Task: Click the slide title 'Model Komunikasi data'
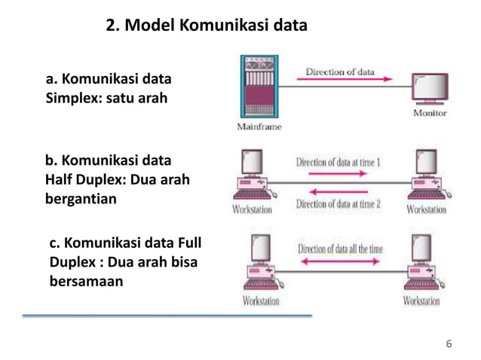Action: [206, 26]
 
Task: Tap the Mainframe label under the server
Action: [259, 127]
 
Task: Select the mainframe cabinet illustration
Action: [259, 87]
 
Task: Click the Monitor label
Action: [430, 113]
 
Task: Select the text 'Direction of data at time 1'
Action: [338, 161]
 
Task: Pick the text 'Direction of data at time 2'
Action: [338, 204]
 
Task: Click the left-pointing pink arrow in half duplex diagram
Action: [339, 192]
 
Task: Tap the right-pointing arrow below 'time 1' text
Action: [339, 172]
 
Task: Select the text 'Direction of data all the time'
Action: [340, 248]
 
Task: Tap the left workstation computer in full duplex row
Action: [259, 263]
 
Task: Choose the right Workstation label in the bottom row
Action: [421, 301]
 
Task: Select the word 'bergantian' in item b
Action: [81, 199]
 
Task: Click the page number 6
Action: [449, 345]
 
